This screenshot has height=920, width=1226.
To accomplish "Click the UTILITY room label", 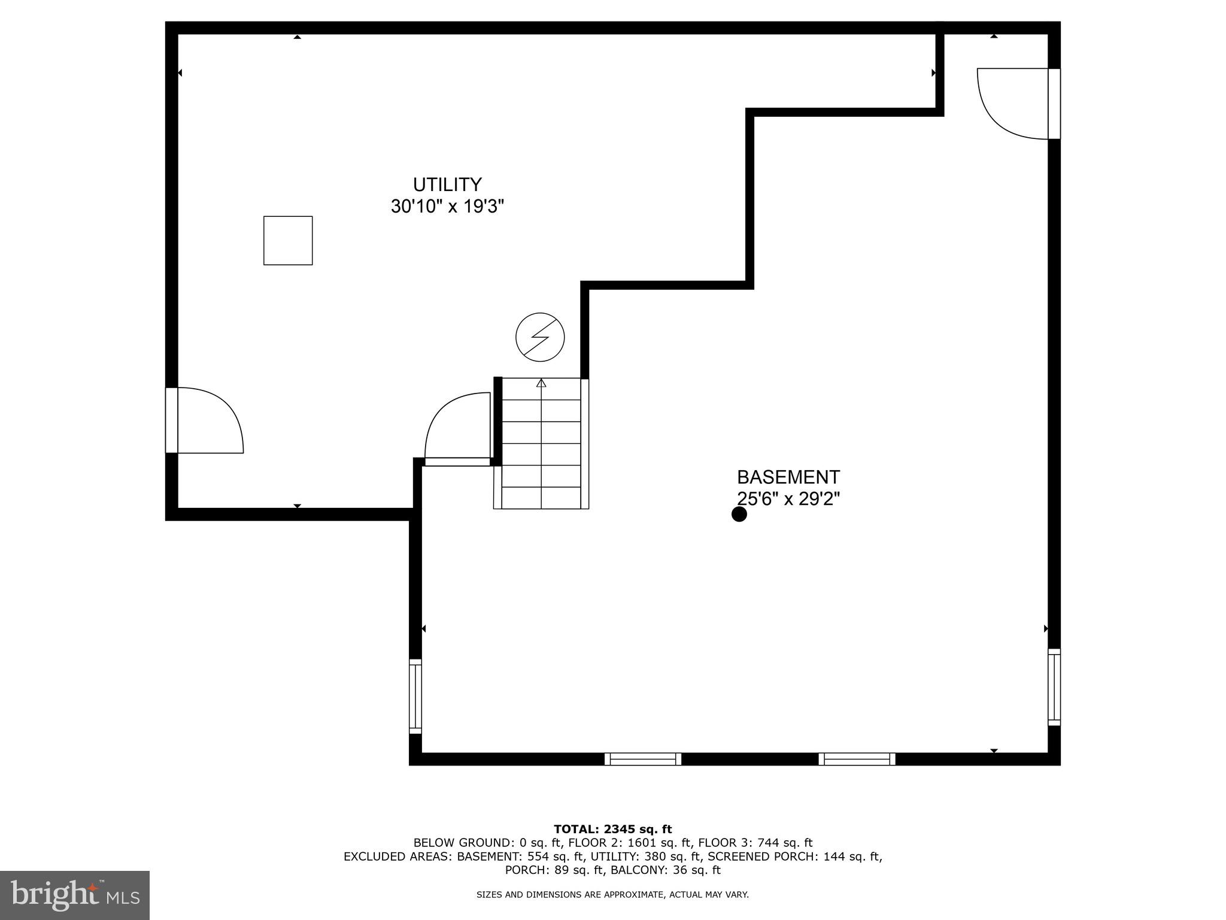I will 447,184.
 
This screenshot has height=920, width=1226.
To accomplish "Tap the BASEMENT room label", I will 788,477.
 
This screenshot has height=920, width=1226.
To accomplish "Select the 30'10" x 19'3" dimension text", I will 447,207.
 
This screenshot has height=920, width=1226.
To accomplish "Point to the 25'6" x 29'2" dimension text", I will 788,499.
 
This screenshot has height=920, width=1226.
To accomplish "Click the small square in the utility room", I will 288,240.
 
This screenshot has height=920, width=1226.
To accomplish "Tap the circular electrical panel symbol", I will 540,337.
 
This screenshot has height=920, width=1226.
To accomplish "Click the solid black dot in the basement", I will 739,515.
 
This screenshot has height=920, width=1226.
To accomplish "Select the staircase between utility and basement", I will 541,444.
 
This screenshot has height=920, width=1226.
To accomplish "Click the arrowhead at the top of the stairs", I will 541,383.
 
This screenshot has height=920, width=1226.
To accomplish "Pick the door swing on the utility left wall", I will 207,420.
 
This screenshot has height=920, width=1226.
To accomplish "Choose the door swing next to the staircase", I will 457,426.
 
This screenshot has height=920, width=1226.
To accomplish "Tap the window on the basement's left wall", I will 415,696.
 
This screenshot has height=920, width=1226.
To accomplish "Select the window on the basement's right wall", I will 1054,687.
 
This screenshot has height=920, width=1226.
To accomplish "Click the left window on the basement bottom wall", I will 643,759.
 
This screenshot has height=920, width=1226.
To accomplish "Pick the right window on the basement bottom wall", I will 857,759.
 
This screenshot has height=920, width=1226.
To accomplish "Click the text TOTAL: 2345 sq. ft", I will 612,830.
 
